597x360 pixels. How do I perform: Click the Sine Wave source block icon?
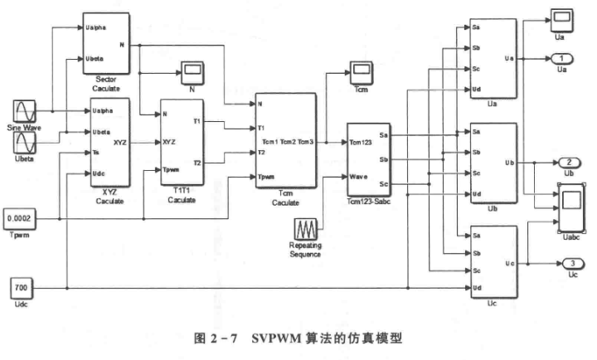point(25,111)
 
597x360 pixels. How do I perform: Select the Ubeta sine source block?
point(25,143)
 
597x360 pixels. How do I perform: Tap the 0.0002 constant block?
point(19,219)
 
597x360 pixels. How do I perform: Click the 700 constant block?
point(22,288)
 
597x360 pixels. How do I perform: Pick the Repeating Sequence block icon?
point(305,229)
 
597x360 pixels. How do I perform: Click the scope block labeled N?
point(192,73)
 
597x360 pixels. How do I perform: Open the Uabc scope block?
point(571,207)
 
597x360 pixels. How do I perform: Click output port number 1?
point(562,59)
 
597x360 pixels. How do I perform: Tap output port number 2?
point(569,163)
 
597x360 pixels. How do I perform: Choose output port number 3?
point(573,263)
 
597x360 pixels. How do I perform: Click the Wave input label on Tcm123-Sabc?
point(358,177)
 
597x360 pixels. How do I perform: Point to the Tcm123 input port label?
point(360,143)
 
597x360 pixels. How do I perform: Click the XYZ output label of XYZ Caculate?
point(120,143)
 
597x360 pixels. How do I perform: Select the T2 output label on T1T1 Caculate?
point(197,163)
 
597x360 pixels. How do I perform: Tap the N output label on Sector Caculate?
point(122,45)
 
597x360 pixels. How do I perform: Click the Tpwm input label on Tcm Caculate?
point(266,177)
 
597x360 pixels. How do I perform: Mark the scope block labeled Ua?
point(562,20)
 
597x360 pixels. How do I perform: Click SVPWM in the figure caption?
point(276,338)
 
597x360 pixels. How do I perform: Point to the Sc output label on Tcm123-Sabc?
point(383,184)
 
